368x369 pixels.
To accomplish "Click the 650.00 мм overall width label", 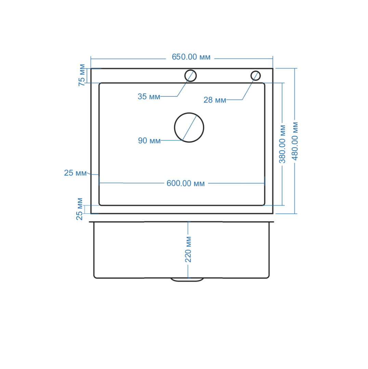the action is coord(191,57).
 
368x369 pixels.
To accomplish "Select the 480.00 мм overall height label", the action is coord(295,141).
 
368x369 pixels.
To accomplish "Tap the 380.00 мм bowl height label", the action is coord(282,144).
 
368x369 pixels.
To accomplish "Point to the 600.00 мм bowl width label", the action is coord(186,183).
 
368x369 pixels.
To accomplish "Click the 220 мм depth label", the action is coord(188,249).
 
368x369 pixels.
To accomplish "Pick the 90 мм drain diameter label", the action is coord(149,141).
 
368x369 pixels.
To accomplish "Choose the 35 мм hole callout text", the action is coord(149,96).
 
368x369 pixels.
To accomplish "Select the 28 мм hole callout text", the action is coord(214,100).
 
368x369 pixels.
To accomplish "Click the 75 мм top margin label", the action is coord(82,75).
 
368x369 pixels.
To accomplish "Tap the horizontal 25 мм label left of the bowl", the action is coord(75,173).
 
